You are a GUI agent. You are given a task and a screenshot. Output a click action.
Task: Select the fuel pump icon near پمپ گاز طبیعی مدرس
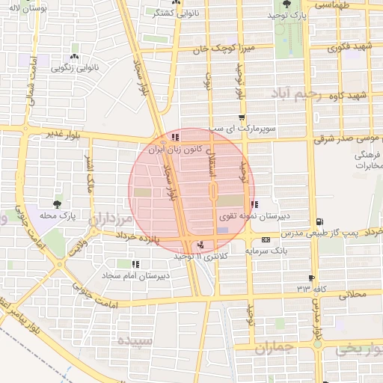319,221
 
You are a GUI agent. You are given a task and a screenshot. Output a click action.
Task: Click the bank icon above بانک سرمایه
267,239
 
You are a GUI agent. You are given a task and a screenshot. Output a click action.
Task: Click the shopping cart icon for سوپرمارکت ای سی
241,117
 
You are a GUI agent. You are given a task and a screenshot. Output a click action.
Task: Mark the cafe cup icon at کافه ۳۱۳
311,278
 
